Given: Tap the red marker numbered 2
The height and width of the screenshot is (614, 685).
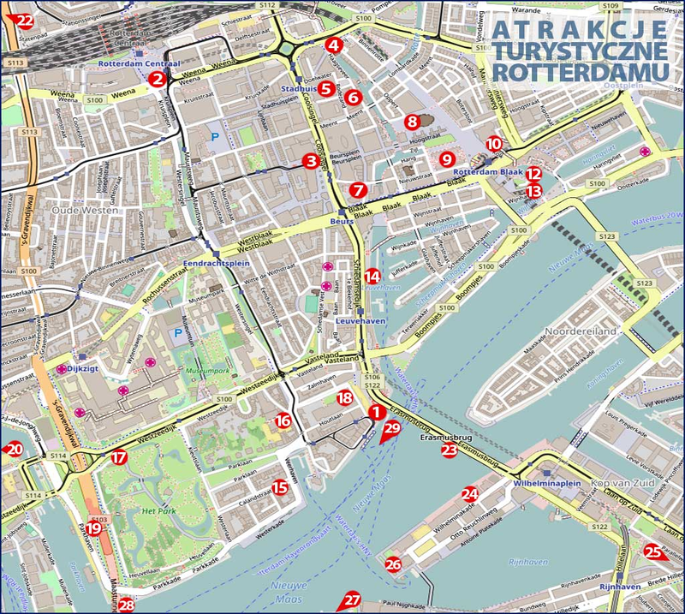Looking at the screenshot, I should tap(157, 79).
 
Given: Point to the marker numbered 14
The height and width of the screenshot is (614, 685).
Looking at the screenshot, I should tap(371, 276).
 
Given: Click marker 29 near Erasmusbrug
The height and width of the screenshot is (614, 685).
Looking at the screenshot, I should tap(391, 429).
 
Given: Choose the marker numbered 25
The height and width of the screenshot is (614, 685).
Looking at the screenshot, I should tap(653, 552).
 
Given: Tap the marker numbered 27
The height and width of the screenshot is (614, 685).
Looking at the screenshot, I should tap(351, 601).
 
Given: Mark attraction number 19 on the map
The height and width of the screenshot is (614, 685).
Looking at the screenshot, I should tap(93, 528).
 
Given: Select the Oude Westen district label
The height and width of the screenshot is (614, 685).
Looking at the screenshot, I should tap(41, 208).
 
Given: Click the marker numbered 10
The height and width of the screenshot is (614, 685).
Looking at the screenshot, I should tap(493, 144).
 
